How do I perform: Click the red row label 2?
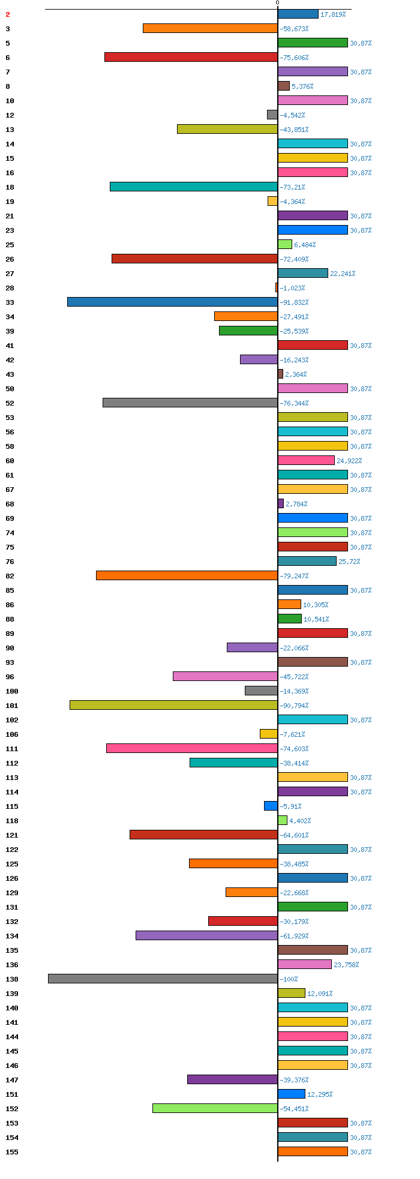pos(8,14)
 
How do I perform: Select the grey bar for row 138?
pos(163,979)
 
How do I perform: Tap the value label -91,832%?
pos(294,302)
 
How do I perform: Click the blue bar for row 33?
pos(172,302)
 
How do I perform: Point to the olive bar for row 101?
pos(173,705)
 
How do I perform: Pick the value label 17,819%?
pos(333,14)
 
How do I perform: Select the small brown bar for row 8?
pos(284,86)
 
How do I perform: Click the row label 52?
pos(10,403)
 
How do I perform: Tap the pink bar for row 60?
pos(306,460)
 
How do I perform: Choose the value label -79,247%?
pos(294,576)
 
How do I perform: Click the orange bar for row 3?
pos(210,28)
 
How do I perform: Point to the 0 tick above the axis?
pos(277,3)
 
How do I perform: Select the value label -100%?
pos(289,979)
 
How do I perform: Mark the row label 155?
pos(12,1152)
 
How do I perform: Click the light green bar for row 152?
pos(215,1108)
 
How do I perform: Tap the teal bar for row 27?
pos(303,273)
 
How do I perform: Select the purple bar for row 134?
pos(206,935)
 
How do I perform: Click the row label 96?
pos(10,677)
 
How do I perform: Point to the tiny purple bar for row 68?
pos(281,503)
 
